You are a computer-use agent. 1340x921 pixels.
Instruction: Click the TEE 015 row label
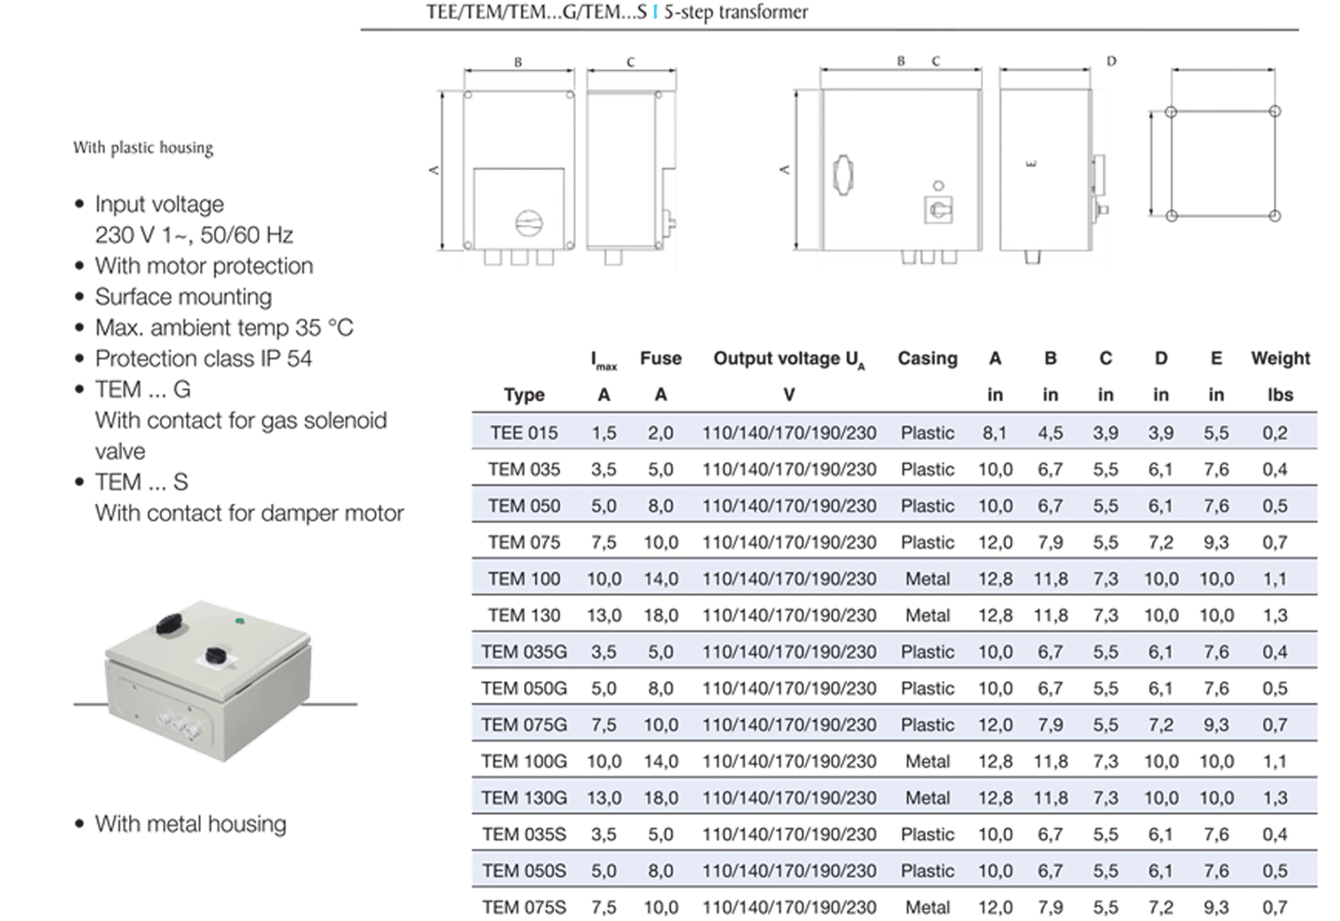point(524,433)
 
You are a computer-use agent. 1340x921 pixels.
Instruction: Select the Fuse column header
point(661,359)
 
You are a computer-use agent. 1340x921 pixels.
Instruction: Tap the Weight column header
point(1280,359)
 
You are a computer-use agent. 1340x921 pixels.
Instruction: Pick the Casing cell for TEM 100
point(928,579)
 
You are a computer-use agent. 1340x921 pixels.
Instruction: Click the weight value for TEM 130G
point(1275,797)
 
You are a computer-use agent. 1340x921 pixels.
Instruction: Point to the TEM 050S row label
point(524,871)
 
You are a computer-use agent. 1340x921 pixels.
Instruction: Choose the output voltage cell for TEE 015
point(789,433)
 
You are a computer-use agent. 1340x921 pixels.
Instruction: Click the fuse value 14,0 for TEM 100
point(661,579)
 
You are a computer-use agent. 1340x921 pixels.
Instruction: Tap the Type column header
point(524,394)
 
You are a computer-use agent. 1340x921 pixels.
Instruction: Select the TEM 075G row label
point(524,725)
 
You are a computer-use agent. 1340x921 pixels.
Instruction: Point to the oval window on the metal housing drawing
point(843,175)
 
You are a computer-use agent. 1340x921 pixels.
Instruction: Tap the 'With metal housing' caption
point(191,824)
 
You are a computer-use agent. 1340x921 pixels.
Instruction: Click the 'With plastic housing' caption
point(143,148)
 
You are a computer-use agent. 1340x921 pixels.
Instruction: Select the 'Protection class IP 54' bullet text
point(204,359)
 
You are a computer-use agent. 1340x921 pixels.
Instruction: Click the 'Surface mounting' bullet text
point(183,297)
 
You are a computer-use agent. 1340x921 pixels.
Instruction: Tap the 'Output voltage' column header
point(789,359)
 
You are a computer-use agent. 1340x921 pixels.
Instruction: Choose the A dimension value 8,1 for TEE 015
point(995,433)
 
